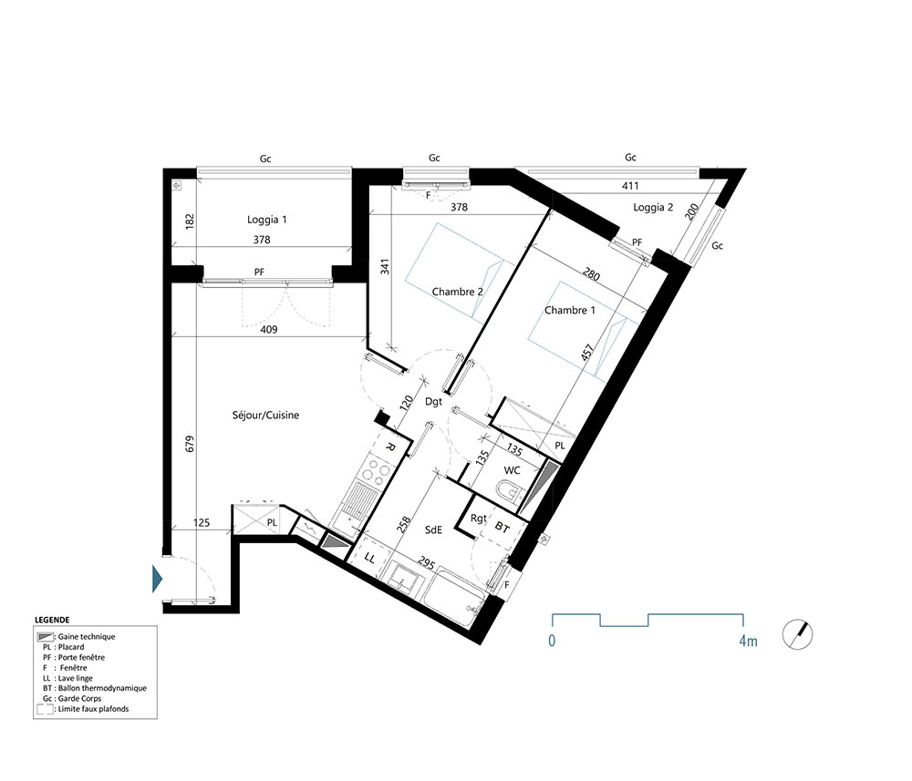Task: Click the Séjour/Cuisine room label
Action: (265, 415)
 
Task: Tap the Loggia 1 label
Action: (267, 220)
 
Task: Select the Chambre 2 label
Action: (457, 292)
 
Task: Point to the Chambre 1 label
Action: (570, 310)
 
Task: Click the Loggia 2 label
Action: (653, 207)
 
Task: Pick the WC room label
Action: (512, 470)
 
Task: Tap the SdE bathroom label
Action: (434, 529)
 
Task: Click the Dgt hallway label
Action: (434, 401)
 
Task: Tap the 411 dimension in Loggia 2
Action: (630, 186)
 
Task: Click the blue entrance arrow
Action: (157, 578)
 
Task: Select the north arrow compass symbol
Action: (797, 633)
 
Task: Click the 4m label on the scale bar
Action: (747, 641)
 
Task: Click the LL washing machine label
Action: (369, 557)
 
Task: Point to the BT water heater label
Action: (503, 527)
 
